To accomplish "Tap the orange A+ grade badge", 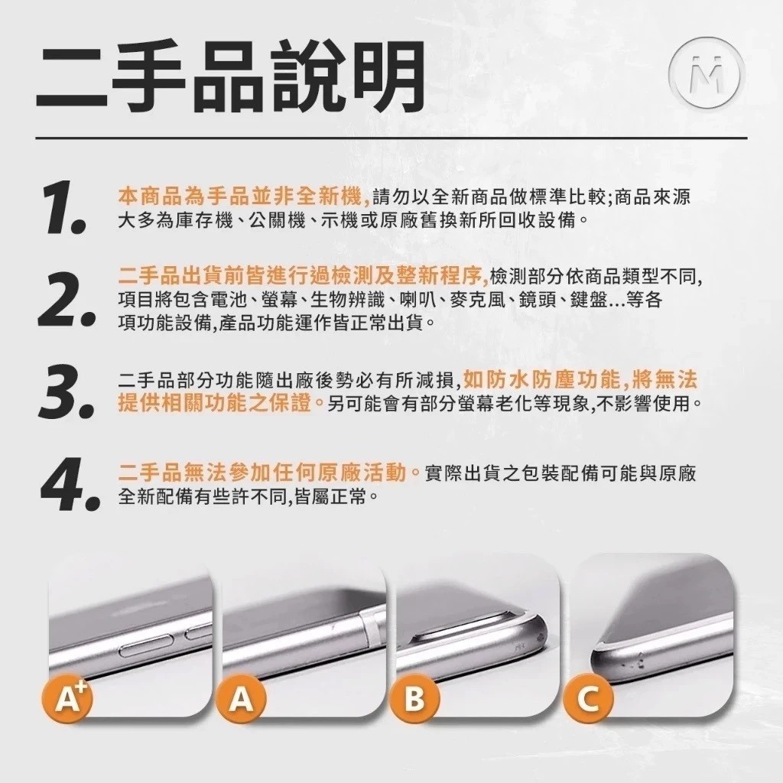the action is pyautogui.click(x=67, y=698).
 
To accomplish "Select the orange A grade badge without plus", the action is pyautogui.click(x=241, y=698).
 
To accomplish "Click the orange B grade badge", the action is pyautogui.click(x=414, y=698).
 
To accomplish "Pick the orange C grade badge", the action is pyautogui.click(x=588, y=698).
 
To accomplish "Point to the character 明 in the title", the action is pyautogui.click(x=386, y=76).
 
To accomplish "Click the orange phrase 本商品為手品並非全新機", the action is pyautogui.click(x=242, y=197).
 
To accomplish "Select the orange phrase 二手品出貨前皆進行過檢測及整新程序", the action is pyautogui.click(x=303, y=275).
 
